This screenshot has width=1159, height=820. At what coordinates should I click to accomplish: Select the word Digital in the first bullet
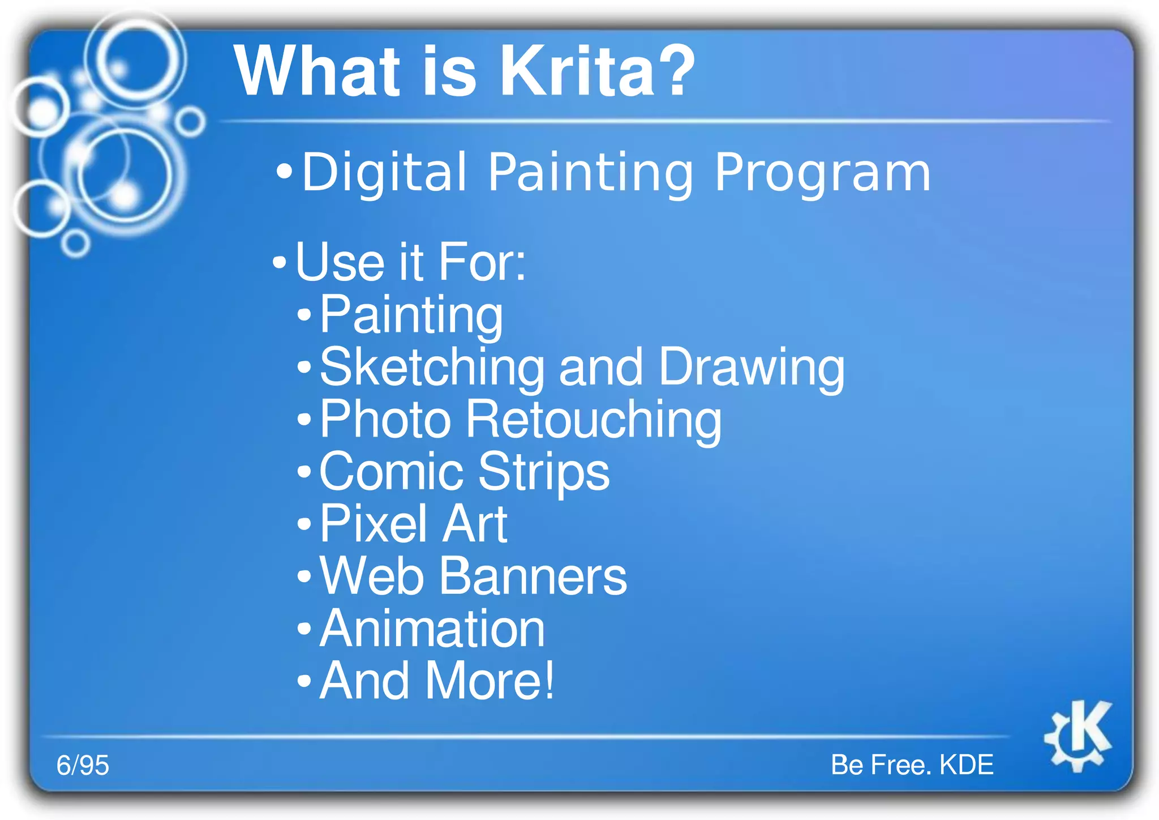[x=384, y=172]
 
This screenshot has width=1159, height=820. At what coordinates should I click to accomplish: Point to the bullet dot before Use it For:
[x=280, y=262]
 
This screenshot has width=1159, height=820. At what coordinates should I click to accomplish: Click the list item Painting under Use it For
[x=411, y=315]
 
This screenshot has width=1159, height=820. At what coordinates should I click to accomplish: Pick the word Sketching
[x=432, y=368]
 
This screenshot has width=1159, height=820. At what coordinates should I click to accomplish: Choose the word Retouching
[x=594, y=420]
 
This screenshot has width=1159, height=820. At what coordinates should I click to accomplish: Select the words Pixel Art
[x=413, y=524]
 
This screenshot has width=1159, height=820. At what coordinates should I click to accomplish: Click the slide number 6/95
[x=83, y=765]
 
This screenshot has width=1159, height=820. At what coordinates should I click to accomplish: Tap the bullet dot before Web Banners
[x=304, y=577]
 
